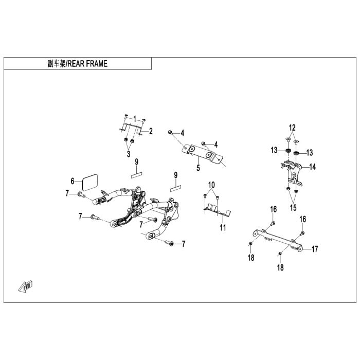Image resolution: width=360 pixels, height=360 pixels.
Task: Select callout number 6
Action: pos(73,181)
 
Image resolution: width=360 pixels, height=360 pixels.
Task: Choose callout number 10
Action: pos(211,184)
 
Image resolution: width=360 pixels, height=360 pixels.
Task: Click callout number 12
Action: pos(292,127)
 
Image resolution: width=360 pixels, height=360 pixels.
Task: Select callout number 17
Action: pos(315,248)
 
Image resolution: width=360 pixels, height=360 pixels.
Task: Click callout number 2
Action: pos(151,131)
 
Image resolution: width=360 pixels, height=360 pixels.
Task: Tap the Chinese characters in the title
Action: pos(56,64)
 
